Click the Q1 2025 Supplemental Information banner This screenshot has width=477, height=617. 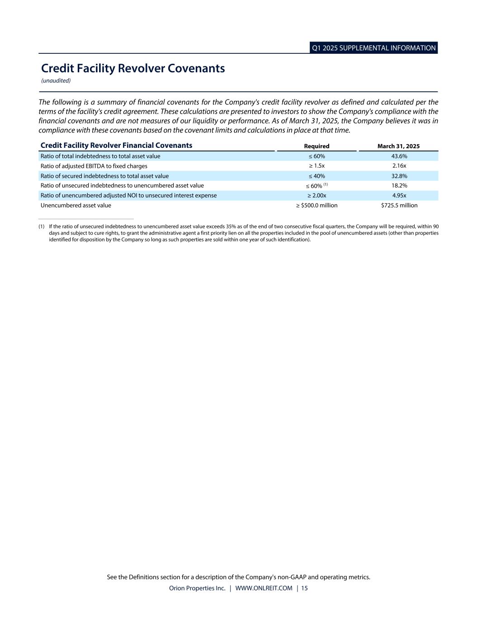[373, 48]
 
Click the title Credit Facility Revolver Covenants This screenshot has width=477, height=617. [133, 68]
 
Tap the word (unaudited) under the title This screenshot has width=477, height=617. [56, 81]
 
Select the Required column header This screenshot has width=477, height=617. [316, 146]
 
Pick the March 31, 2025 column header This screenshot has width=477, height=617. [398, 146]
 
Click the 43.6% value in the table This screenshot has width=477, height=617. [399, 156]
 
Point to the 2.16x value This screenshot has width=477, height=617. [399, 166]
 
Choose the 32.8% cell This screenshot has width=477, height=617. [399, 176]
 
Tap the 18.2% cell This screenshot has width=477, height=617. [399, 185]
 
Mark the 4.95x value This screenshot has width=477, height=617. [399, 195]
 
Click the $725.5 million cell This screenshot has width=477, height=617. [399, 205]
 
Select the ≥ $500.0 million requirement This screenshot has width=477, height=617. [316, 205]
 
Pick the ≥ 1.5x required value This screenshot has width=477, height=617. [316, 166]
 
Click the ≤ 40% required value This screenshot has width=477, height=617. [316, 176]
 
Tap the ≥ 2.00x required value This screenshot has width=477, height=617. [316, 195]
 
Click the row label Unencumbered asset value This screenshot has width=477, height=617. [76, 205]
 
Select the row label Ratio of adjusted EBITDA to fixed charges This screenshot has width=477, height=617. [94, 166]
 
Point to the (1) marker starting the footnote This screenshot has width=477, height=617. [42, 226]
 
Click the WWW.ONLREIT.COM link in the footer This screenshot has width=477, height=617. [264, 588]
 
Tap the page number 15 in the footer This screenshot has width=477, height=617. [304, 588]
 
